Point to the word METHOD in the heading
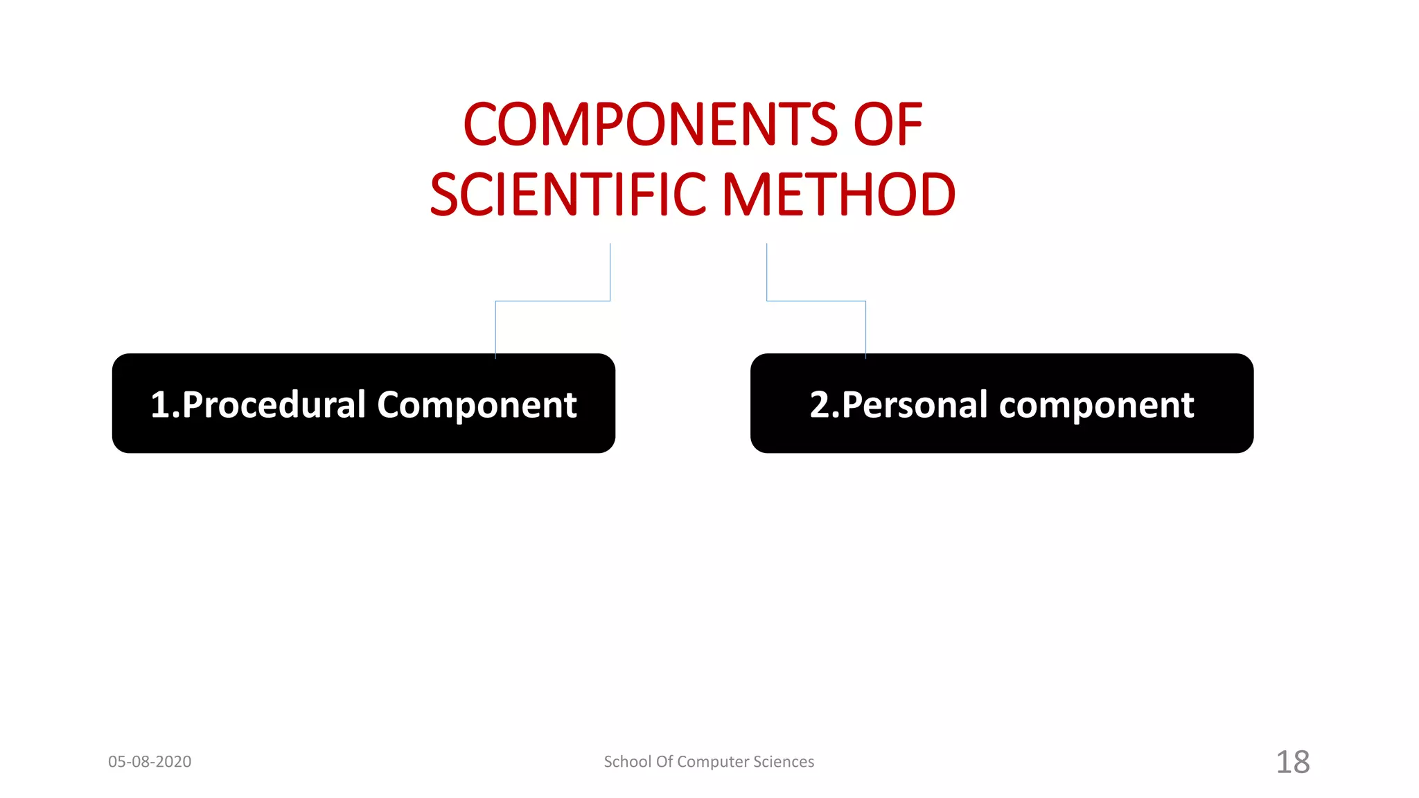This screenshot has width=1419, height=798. click(x=839, y=195)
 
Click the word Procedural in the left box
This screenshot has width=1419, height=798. click(x=274, y=405)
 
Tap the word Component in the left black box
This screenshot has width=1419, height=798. click(x=477, y=405)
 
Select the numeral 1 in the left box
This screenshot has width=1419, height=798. click(x=160, y=405)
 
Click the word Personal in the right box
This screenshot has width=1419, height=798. click(x=915, y=405)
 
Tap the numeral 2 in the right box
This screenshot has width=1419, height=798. click(x=820, y=405)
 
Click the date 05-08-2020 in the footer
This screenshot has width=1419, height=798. click(x=150, y=761)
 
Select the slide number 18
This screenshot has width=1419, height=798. click(x=1293, y=762)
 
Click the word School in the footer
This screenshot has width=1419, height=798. click(x=627, y=761)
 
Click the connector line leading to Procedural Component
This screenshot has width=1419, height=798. click(x=552, y=301)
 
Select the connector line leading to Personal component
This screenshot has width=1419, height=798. click(x=816, y=301)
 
